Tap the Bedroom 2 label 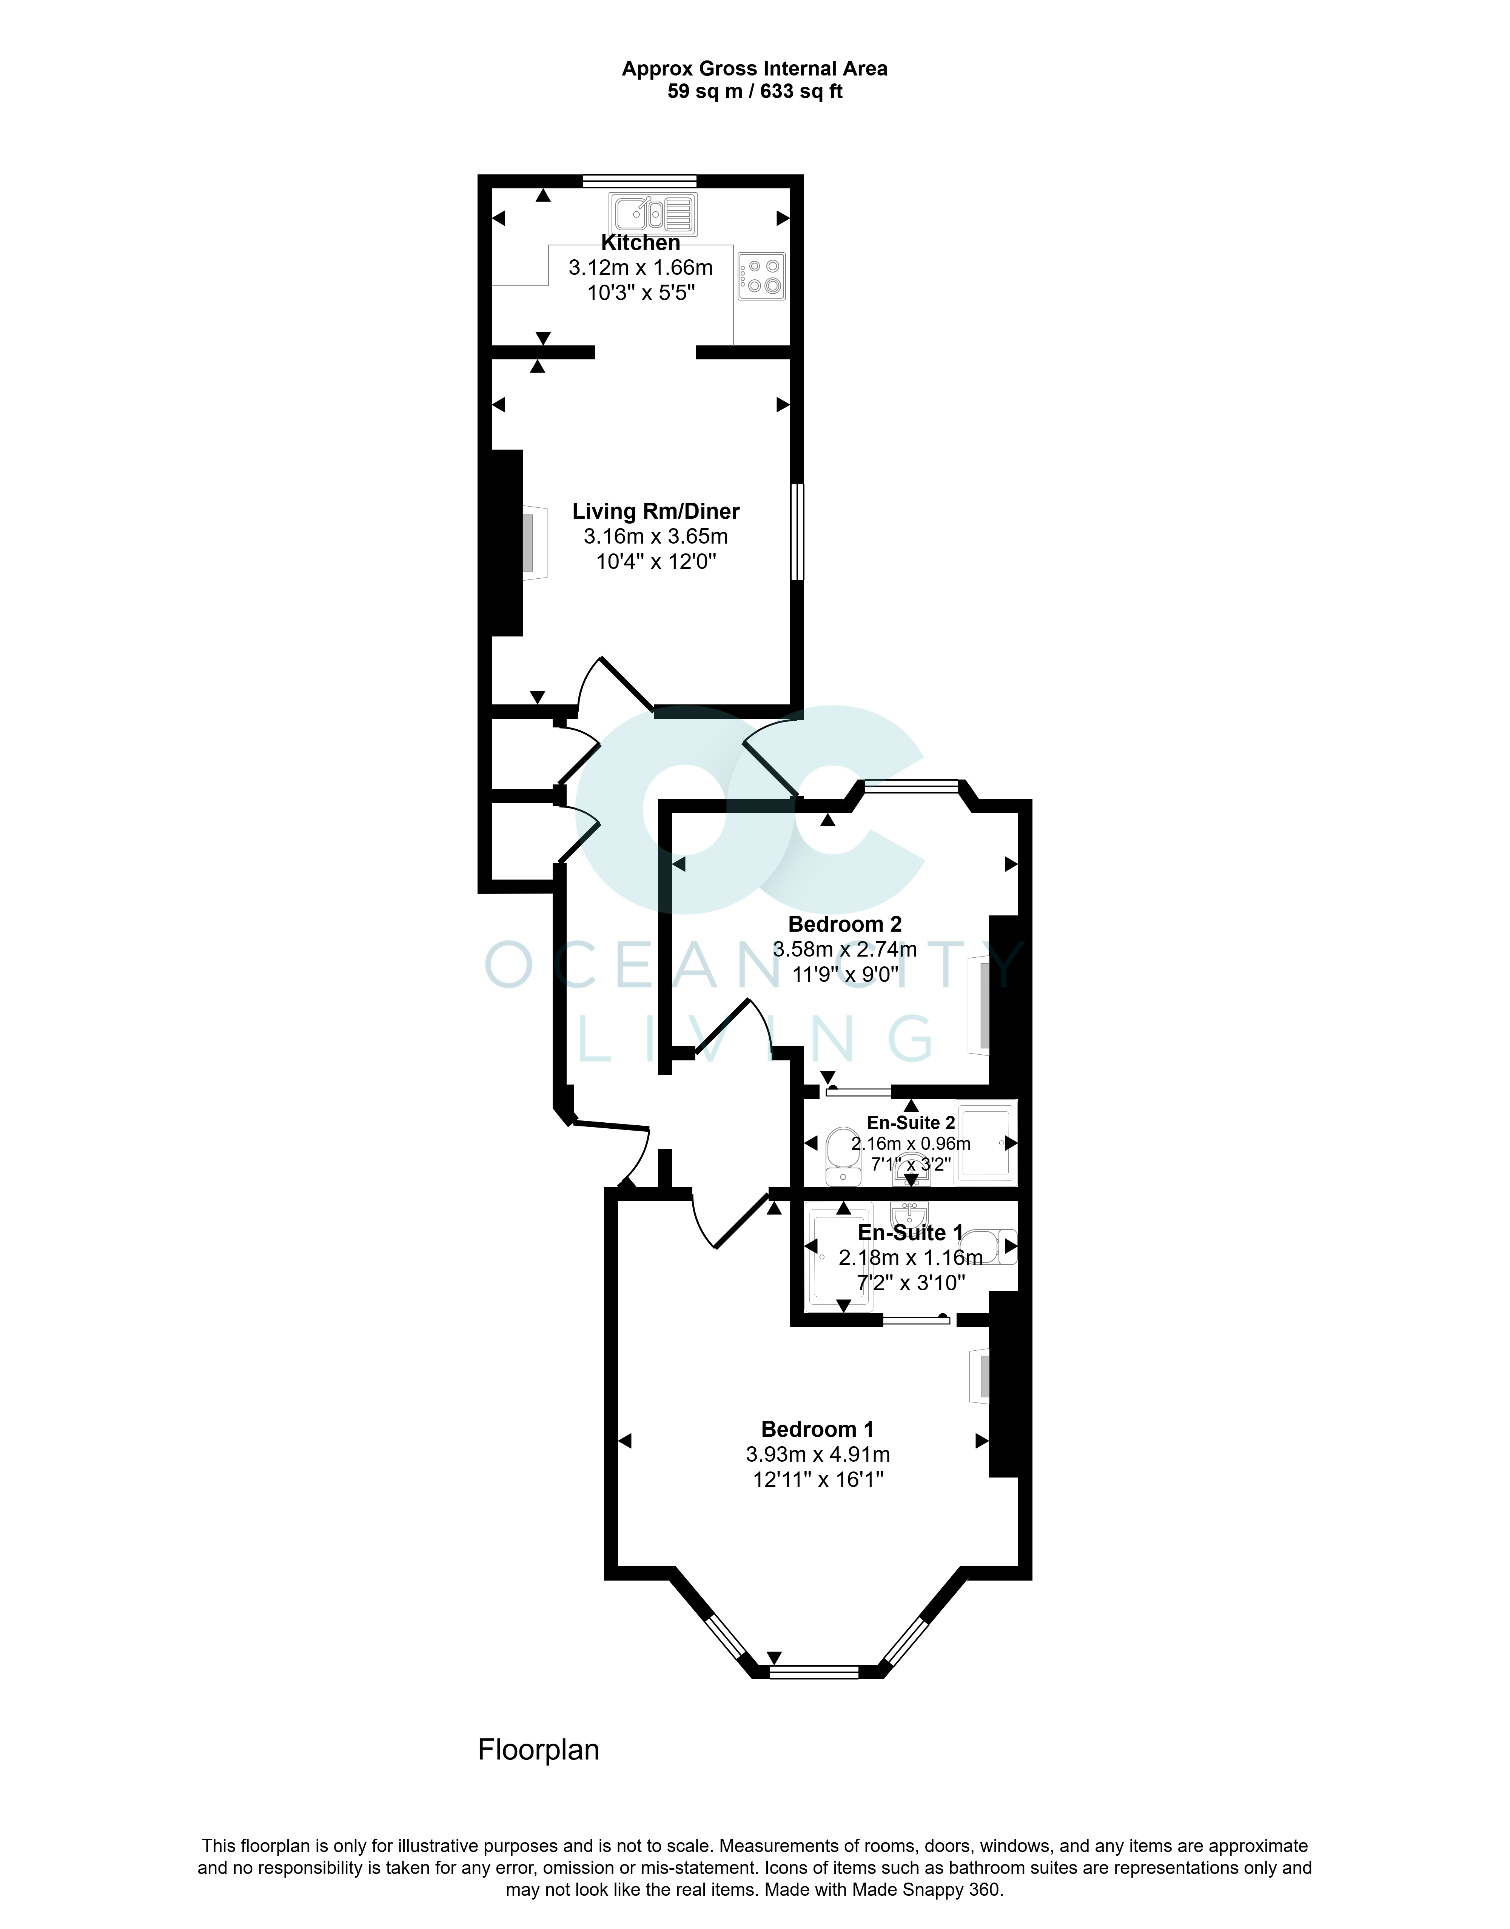[844, 924]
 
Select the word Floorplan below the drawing [538, 1750]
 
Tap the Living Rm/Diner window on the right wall [797, 531]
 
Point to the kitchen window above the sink [639, 181]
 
